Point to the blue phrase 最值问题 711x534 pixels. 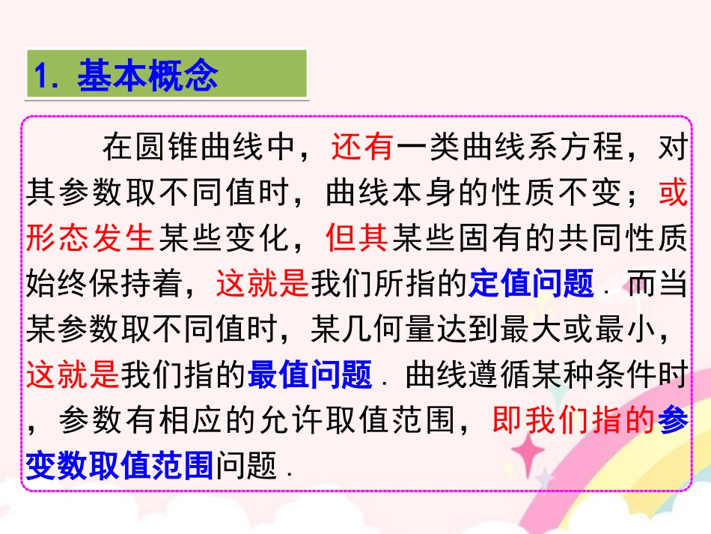tap(310, 374)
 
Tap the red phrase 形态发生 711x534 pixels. tap(90, 239)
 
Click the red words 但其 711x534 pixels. tap(358, 239)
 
